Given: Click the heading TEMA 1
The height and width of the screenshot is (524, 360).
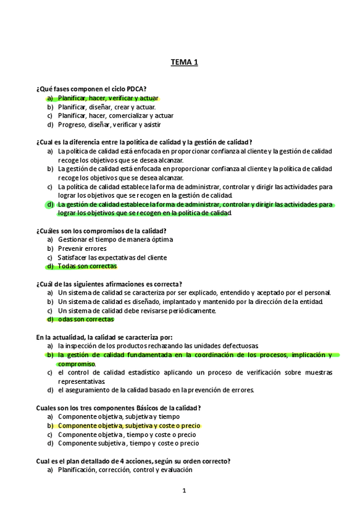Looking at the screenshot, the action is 184,62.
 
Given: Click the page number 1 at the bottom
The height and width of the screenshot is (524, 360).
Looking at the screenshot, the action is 184,491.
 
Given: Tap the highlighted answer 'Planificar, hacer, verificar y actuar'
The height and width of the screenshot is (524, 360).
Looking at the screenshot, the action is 107,98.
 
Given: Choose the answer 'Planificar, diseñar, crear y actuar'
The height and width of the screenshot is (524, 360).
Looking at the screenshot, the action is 106,106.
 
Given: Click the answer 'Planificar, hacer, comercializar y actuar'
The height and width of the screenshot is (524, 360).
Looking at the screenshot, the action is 115,116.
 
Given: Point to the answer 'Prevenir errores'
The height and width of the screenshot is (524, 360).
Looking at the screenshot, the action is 82,248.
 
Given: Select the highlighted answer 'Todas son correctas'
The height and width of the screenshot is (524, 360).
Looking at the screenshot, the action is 86,266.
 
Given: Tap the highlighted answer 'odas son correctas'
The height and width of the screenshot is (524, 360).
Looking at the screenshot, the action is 85,319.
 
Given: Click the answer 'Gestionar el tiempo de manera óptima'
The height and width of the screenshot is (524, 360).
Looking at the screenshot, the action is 115,240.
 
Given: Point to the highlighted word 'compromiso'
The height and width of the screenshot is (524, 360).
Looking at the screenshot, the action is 77,364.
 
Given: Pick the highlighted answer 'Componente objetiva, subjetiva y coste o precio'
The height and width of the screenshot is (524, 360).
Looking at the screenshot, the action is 129,426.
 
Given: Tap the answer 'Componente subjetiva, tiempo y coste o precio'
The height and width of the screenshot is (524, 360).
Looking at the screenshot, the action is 128,444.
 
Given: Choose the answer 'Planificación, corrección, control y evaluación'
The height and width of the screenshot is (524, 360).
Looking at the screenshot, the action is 125,470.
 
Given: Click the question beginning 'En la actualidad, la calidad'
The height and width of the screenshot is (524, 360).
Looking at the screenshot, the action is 104,337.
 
